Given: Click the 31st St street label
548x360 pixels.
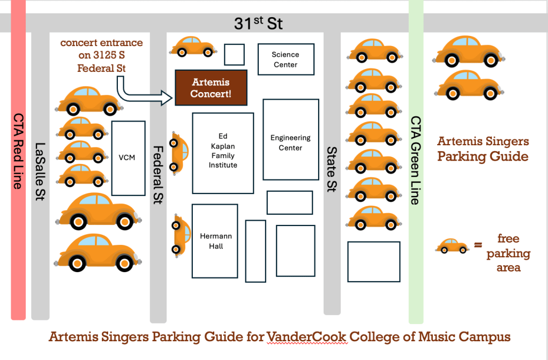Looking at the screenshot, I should click(x=258, y=24).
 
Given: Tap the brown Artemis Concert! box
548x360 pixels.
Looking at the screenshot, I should click(x=211, y=88).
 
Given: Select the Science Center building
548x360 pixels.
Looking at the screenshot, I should click(x=285, y=59).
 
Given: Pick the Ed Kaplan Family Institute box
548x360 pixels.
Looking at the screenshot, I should click(x=223, y=153).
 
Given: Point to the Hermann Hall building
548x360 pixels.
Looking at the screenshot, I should click(x=215, y=241).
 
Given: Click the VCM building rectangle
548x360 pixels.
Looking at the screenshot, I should click(x=128, y=157).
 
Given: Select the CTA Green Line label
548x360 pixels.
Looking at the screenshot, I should click(x=416, y=161).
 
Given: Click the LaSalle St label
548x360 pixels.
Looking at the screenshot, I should click(x=40, y=171).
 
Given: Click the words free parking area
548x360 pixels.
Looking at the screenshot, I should click(x=508, y=253).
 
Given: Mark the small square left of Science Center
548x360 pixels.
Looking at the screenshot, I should click(x=234, y=55).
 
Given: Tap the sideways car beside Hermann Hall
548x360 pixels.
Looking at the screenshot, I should click(x=180, y=234).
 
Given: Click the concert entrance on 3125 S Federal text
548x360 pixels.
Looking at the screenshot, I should click(x=101, y=55).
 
